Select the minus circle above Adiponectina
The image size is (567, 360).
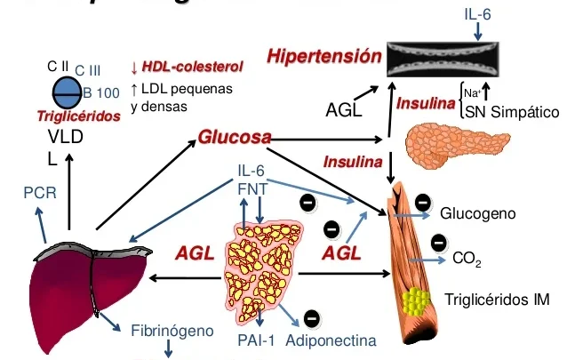coord(311,317)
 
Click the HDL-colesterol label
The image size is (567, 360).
coord(190,68)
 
